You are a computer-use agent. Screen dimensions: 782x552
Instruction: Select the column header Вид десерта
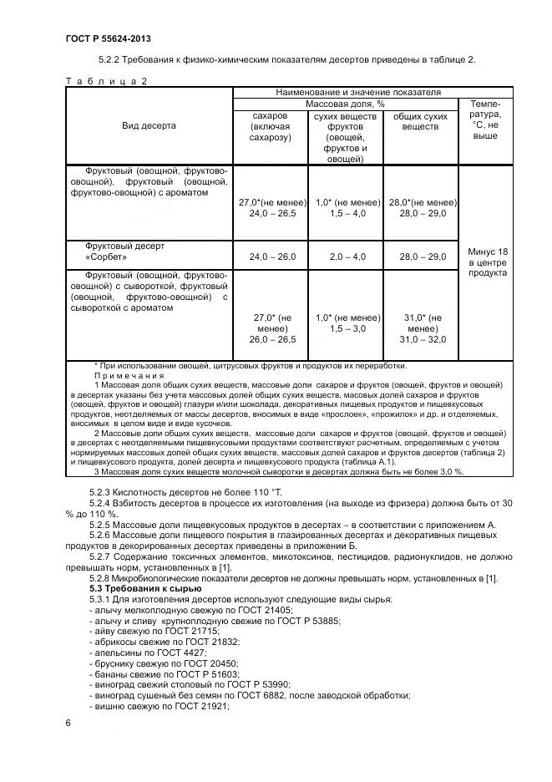[149, 125]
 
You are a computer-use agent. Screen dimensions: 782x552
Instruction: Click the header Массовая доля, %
[345, 104]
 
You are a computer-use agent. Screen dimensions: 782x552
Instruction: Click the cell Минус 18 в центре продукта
[485, 262]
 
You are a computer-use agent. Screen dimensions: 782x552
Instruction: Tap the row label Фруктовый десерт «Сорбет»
[125, 252]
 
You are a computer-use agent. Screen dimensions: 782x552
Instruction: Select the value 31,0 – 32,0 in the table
[422, 338]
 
